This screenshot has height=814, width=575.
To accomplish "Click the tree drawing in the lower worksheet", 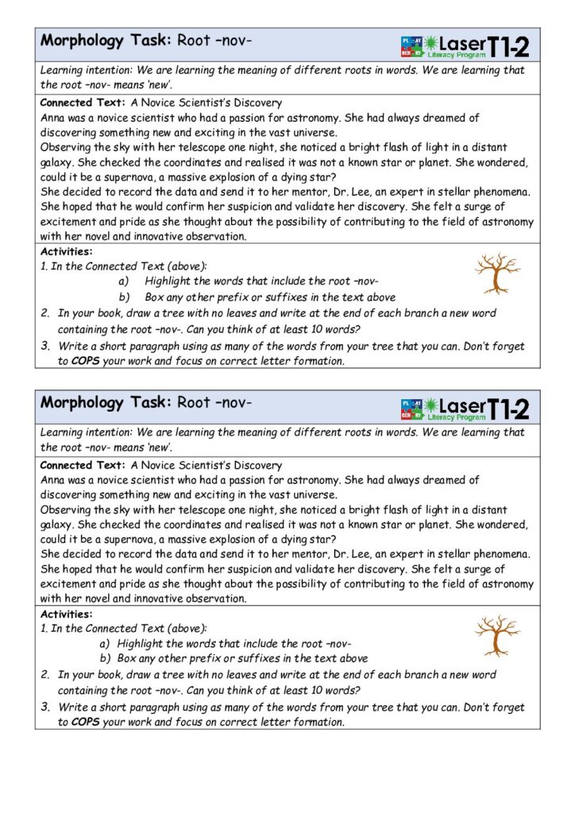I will pos(496,635).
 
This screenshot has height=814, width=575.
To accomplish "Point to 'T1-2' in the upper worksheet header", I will pos(508,48).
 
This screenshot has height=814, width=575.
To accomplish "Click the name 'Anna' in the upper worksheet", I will pos(52,118).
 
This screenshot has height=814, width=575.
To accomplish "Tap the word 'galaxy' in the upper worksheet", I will pos(58,162).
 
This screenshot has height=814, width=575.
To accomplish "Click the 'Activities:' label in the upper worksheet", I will pos(66,252).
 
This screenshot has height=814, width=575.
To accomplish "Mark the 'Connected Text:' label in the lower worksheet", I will pos(83,465).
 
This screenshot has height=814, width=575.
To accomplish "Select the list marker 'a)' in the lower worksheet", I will pos(105,644).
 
